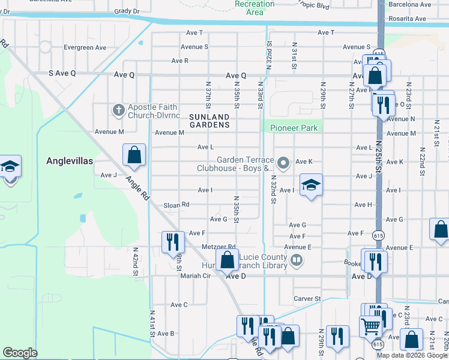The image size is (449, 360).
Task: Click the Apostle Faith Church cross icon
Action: [x=118, y=110]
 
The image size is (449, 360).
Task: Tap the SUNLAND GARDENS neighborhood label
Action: [x=209, y=121]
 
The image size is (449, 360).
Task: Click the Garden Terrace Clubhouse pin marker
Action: [x=284, y=163]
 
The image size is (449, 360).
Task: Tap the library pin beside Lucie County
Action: [x=296, y=260]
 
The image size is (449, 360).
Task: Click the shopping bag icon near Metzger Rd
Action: [x=227, y=260]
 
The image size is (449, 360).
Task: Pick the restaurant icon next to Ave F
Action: [x=172, y=241]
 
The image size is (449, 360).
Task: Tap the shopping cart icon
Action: [x=370, y=327]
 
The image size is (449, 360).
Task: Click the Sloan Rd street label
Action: [x=176, y=205]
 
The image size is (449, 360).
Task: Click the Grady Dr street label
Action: [x=127, y=11]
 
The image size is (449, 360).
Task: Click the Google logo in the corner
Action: [x=20, y=353]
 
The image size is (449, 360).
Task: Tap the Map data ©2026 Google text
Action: [x=412, y=355]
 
